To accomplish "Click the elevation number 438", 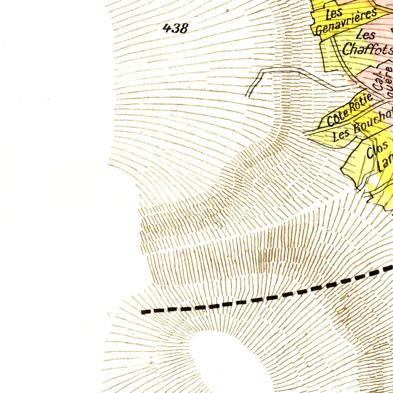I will tap(175, 28).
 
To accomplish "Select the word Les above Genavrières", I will tap(334, 14).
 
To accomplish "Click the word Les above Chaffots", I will tap(366, 35).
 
